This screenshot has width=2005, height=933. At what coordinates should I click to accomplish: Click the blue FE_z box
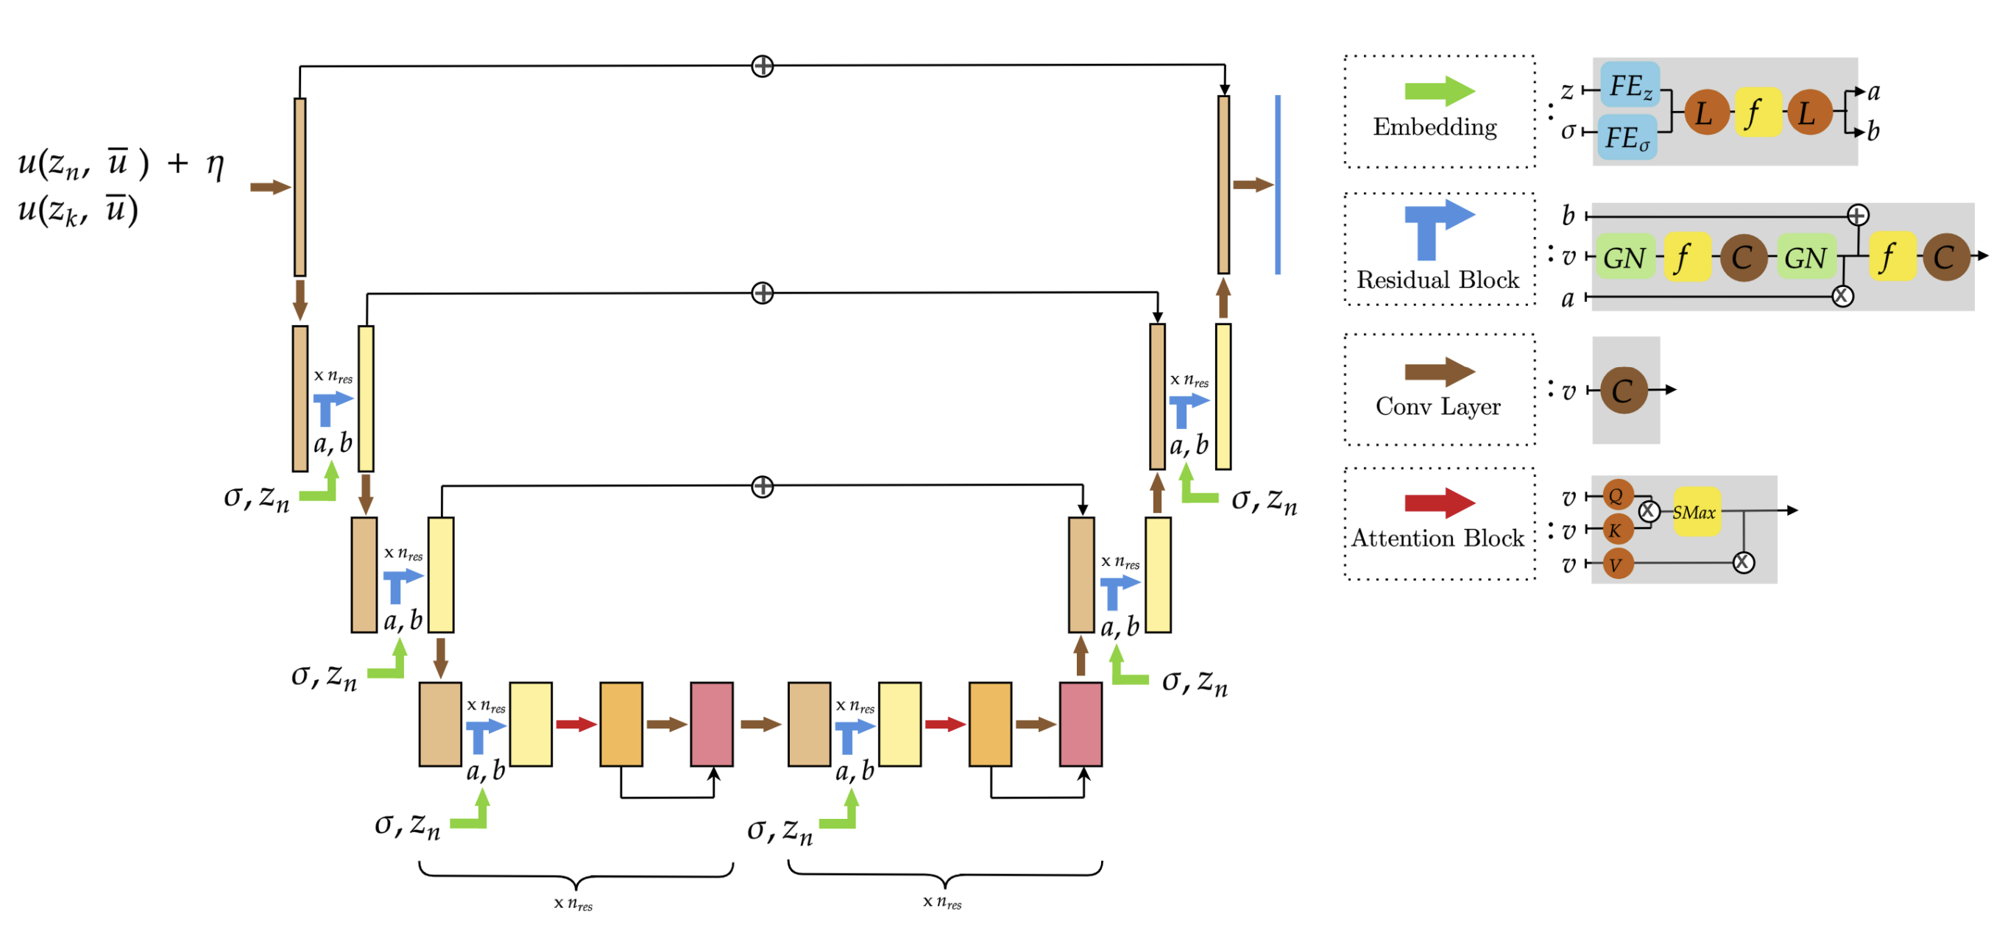tap(1629, 85)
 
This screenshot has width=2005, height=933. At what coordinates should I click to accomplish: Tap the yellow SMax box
tap(1694, 512)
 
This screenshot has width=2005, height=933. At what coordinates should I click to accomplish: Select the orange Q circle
tap(1617, 495)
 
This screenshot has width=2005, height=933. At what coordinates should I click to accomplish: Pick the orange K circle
tap(1616, 530)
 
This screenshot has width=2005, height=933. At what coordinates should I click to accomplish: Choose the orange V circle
tap(1617, 564)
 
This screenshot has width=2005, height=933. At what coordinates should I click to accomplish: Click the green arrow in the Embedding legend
tap(1438, 91)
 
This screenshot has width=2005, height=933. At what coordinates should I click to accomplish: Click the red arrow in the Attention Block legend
tap(1438, 503)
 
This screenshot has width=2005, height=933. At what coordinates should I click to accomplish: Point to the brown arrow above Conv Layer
tap(1438, 372)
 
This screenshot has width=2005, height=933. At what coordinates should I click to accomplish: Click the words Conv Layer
tap(1438, 406)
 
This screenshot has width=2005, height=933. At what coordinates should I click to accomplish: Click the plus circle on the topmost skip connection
tap(762, 66)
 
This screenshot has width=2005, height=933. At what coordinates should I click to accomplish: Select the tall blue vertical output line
tap(1277, 185)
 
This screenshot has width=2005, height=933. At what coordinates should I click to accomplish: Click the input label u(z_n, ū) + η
tap(121, 164)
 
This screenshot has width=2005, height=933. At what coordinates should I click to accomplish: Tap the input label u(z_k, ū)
tap(78, 210)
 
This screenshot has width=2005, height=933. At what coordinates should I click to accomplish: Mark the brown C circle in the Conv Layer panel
tap(1624, 391)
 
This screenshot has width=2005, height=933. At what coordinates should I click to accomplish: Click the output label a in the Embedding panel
tap(1873, 92)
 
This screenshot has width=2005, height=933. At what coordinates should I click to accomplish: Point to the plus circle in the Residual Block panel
tap(1857, 216)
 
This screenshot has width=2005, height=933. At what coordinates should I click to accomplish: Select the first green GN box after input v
tap(1624, 258)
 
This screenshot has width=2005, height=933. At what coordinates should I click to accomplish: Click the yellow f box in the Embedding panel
tap(1756, 113)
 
